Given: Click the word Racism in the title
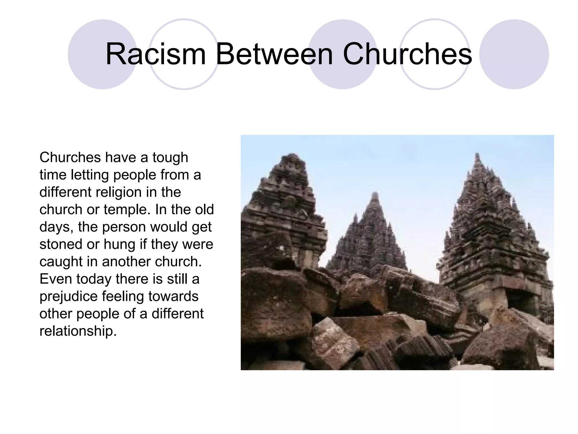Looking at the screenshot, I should [156, 54].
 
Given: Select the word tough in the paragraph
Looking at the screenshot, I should [170, 158].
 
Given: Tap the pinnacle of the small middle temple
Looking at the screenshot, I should [375, 194].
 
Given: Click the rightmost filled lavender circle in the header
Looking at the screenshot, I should [514, 54].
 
